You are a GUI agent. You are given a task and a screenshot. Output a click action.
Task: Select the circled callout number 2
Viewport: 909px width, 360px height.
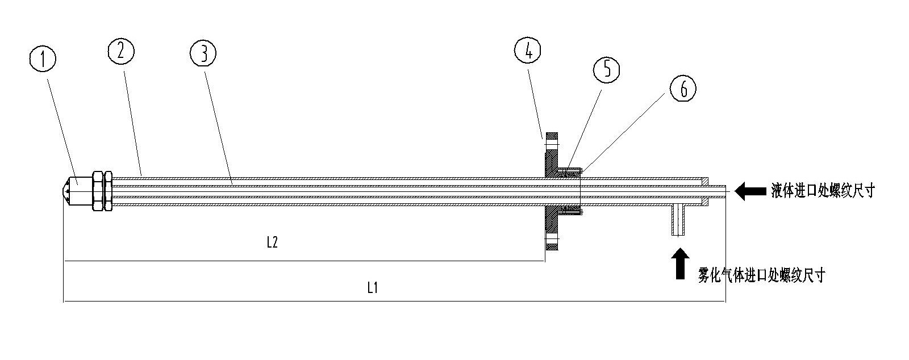(x=120, y=52)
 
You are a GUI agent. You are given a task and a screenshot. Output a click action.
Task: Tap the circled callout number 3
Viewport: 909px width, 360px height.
(x=203, y=53)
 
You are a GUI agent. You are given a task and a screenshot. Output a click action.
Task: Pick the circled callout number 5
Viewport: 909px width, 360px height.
(x=606, y=69)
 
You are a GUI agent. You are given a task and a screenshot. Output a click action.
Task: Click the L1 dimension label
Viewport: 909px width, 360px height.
(x=373, y=288)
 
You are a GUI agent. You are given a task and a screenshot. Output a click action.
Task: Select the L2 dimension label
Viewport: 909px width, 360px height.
(x=272, y=243)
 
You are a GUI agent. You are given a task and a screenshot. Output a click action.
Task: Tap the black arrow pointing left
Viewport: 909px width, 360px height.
(x=749, y=191)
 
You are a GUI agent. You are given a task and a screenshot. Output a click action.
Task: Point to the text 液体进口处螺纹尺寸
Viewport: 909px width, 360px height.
(x=822, y=191)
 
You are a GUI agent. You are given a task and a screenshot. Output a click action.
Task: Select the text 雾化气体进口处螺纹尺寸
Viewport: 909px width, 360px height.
(x=761, y=276)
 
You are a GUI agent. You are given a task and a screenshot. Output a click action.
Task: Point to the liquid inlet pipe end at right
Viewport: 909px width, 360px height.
(x=719, y=191)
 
